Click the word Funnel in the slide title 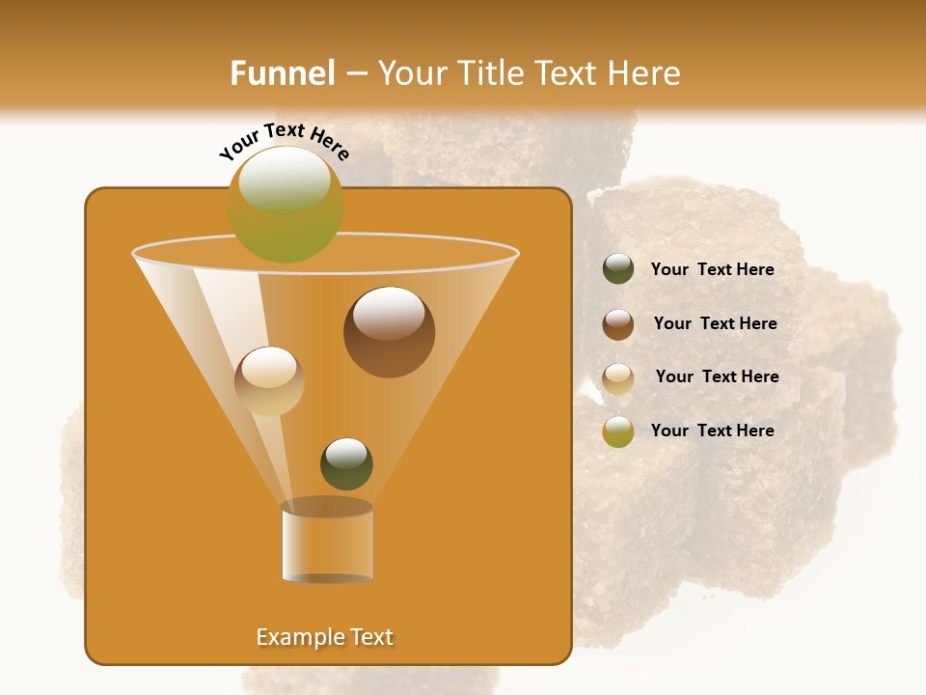(282, 73)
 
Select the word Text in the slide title (565, 73)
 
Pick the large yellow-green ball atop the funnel (285, 204)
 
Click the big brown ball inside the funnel (389, 332)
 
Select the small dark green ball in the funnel (346, 463)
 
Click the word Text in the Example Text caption (370, 637)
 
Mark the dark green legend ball (618, 269)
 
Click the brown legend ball (618, 323)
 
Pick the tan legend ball (618, 377)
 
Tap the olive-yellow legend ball (618, 431)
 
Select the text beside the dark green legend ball (712, 269)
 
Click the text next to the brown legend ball (715, 323)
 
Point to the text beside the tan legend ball (717, 376)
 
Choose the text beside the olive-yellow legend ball (712, 431)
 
